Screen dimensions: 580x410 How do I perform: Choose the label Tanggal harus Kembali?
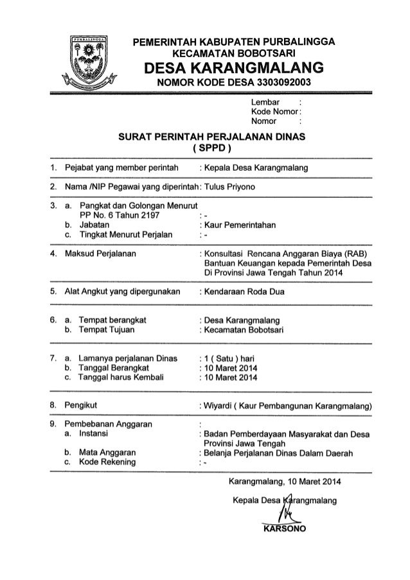119,378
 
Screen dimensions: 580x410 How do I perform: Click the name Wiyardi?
218,406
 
